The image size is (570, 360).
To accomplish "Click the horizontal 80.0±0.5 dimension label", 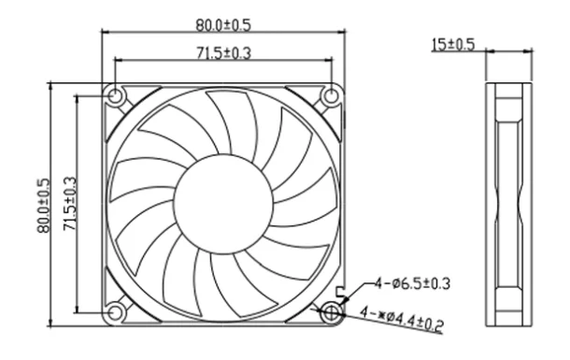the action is pyautogui.click(x=223, y=25).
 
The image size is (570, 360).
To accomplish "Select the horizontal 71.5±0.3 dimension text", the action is pyautogui.click(x=223, y=53).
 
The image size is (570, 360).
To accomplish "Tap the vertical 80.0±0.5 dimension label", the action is pyautogui.click(x=43, y=205).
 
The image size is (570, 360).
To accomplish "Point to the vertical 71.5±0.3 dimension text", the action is pyautogui.click(x=70, y=203).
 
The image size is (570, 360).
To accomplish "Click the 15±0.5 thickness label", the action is pyautogui.click(x=453, y=44).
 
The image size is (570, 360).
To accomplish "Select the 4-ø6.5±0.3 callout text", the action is pyautogui.click(x=413, y=283).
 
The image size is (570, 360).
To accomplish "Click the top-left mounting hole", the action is pyautogui.click(x=115, y=96).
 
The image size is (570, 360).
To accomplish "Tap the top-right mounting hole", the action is pyautogui.click(x=331, y=96).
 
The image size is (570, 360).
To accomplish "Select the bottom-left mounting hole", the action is pyautogui.click(x=115, y=312).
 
